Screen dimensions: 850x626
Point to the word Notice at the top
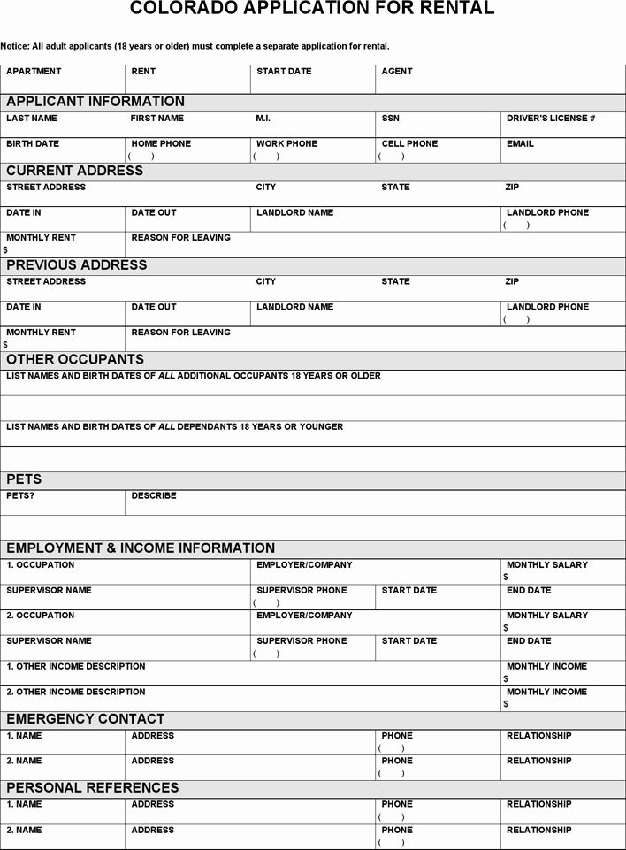coord(15,46)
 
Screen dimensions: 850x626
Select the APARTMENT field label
coord(34,71)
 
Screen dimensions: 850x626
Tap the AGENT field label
coord(397,71)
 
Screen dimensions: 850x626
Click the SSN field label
coord(391,118)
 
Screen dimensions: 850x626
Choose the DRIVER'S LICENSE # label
coord(551,118)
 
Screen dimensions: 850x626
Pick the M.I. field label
coord(263,118)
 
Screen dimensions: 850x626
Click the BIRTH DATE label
coord(33,143)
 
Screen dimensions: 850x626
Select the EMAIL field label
coord(520,143)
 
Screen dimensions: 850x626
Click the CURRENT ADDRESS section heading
coord(74,170)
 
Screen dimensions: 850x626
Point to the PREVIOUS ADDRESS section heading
coord(77,264)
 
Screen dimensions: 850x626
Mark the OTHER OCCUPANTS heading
coord(75,359)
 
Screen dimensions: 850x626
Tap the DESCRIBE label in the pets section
coord(154,495)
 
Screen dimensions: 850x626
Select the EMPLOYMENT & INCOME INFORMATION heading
coord(141,548)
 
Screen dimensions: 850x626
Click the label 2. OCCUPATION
coord(41,615)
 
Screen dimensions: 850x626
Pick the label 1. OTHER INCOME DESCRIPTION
coord(76,666)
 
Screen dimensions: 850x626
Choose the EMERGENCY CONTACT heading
coord(86,718)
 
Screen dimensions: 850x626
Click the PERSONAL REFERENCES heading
coord(93,787)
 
